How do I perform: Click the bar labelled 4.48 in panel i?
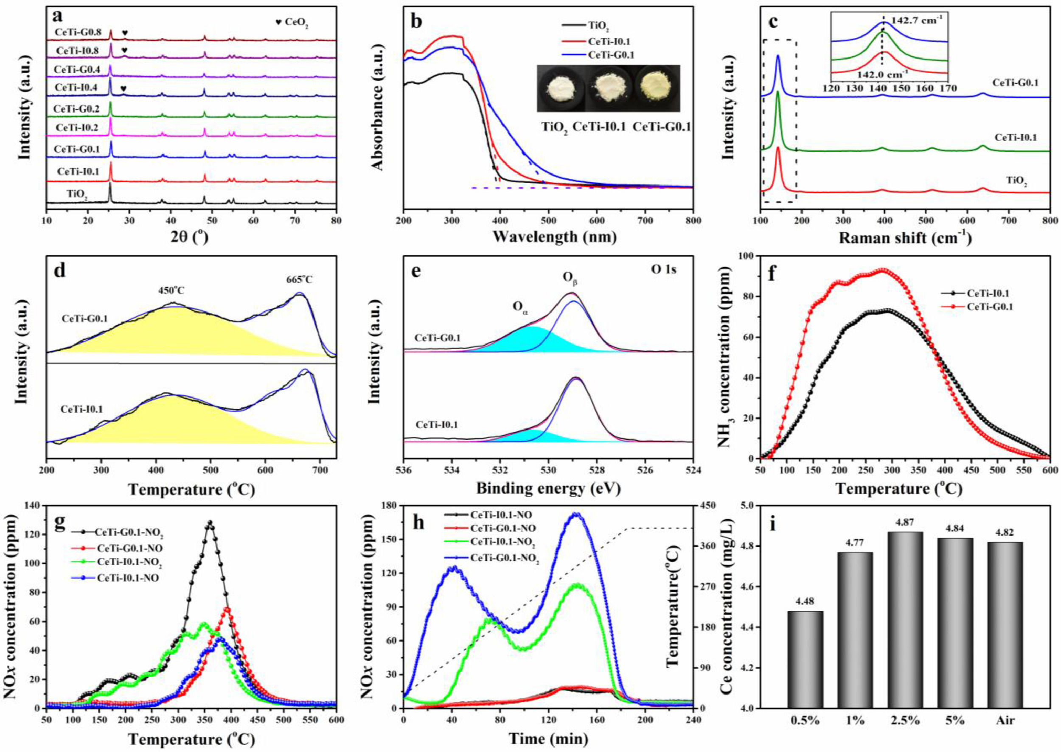[805, 665]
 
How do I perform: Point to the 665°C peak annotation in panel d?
[299, 280]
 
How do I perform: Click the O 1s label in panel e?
[663, 269]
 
